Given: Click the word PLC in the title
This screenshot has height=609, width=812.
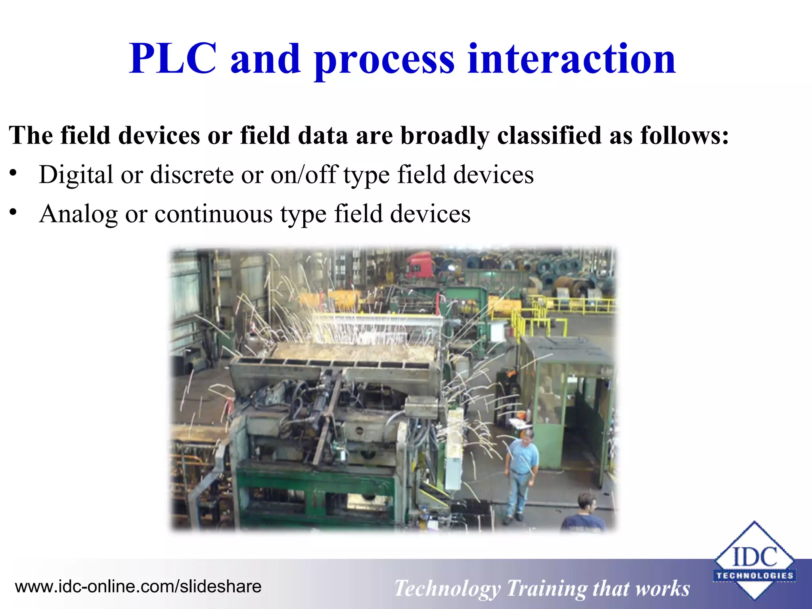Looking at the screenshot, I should click(173, 59).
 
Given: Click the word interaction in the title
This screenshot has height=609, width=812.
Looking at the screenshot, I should click(571, 59).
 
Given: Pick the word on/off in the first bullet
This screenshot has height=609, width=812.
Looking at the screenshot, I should click(303, 174).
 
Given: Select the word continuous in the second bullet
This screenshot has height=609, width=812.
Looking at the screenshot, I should click(214, 214).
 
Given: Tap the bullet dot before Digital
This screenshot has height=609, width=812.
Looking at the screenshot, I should click(13, 173).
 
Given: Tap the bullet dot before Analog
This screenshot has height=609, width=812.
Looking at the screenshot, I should click(13, 213).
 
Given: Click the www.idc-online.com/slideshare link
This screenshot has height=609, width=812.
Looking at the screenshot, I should click(138, 586).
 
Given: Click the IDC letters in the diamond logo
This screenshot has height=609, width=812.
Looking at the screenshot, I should click(755, 557).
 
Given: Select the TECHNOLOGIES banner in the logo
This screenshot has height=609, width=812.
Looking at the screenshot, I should click(755, 576).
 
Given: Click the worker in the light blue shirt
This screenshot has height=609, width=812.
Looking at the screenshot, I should click(521, 472).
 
